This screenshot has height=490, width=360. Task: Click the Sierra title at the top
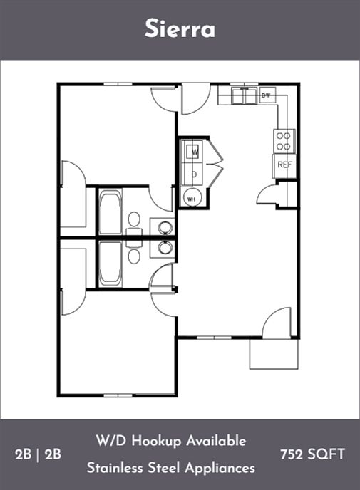(180, 28)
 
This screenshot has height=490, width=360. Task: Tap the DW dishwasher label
(266, 95)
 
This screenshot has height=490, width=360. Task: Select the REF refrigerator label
(284, 165)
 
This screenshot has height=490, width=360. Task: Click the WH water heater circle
(192, 197)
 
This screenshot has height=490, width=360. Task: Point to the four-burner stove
(284, 141)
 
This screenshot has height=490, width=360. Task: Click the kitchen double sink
(244, 95)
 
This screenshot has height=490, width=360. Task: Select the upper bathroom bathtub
(110, 212)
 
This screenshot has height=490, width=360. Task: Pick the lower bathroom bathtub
(110, 264)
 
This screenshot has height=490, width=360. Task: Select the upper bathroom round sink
(165, 227)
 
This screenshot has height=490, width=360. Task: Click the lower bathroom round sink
(165, 248)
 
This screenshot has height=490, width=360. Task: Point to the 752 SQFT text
(312, 454)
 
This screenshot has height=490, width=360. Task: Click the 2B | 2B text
(38, 454)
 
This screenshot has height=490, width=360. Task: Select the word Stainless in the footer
(115, 468)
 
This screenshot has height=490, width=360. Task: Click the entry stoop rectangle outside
(274, 354)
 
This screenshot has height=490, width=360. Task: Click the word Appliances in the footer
(220, 469)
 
